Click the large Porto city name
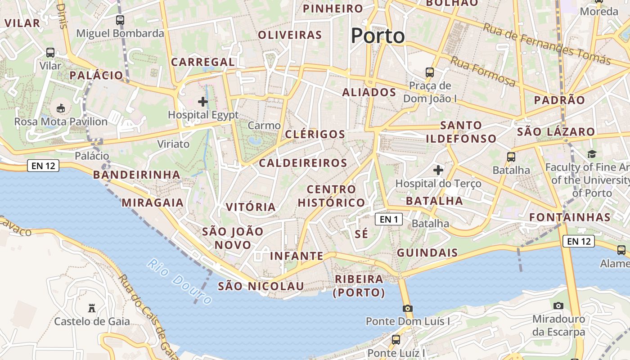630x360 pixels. click(378, 36)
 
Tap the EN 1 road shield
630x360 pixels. click(389, 219)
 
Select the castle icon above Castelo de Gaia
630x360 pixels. click(92, 308)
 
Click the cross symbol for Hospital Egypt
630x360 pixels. click(203, 102)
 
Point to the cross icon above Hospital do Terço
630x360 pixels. click(438, 170)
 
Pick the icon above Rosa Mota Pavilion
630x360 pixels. click(60, 108)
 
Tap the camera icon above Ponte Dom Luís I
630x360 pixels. click(408, 308)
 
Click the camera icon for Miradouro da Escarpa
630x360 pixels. click(558, 306)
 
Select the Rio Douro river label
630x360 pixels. click(180, 282)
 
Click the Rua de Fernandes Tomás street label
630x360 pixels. click(547, 44)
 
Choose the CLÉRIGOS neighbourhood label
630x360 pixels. click(315, 134)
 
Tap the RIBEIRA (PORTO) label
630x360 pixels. click(359, 286)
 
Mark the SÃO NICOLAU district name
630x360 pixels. click(261, 286)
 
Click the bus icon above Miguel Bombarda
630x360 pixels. click(120, 20)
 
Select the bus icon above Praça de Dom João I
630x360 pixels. click(430, 72)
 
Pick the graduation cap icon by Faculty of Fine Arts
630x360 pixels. click(592, 154)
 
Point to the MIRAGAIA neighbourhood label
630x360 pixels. click(153, 202)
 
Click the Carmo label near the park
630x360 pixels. click(264, 126)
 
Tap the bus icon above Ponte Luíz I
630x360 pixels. click(396, 339)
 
